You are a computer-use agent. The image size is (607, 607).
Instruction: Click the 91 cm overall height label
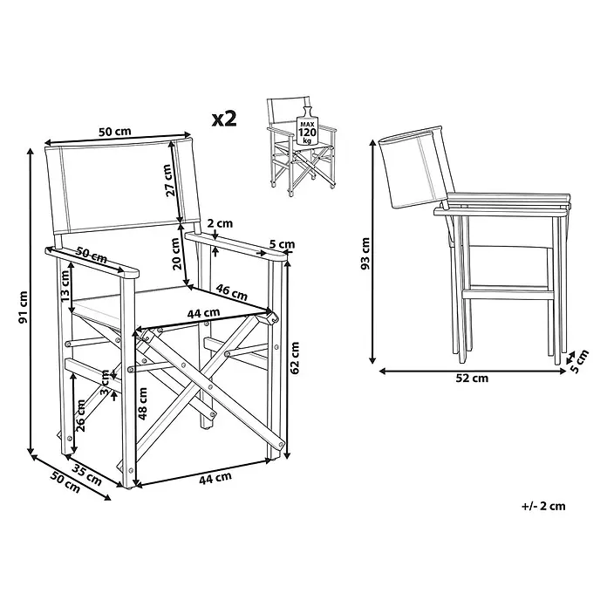tap(23, 307)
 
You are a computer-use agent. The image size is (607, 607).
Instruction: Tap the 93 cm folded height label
tap(365, 254)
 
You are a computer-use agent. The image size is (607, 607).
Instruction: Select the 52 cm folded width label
tap(472, 378)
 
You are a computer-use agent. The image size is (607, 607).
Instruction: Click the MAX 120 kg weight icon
tap(307, 126)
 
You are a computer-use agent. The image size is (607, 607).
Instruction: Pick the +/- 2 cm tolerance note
tap(543, 506)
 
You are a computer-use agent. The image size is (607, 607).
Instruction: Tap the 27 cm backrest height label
tap(168, 181)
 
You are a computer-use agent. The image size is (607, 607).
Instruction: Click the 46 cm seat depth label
tap(231, 293)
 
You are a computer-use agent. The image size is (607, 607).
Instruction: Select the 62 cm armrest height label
tap(295, 358)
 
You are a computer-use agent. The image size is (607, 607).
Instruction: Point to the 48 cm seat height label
tap(143, 404)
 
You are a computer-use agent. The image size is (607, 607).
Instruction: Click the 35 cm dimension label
tap(87, 474)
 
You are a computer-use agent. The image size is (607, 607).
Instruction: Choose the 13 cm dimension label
tap(65, 286)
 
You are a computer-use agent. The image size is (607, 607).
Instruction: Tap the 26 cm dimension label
tap(80, 416)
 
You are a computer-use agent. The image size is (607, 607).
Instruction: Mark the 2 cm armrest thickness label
tap(220, 223)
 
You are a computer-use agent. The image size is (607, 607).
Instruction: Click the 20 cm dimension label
tap(176, 254)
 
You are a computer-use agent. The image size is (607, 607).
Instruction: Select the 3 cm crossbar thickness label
tap(106, 383)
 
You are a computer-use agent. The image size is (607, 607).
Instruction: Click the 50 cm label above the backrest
tap(115, 132)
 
